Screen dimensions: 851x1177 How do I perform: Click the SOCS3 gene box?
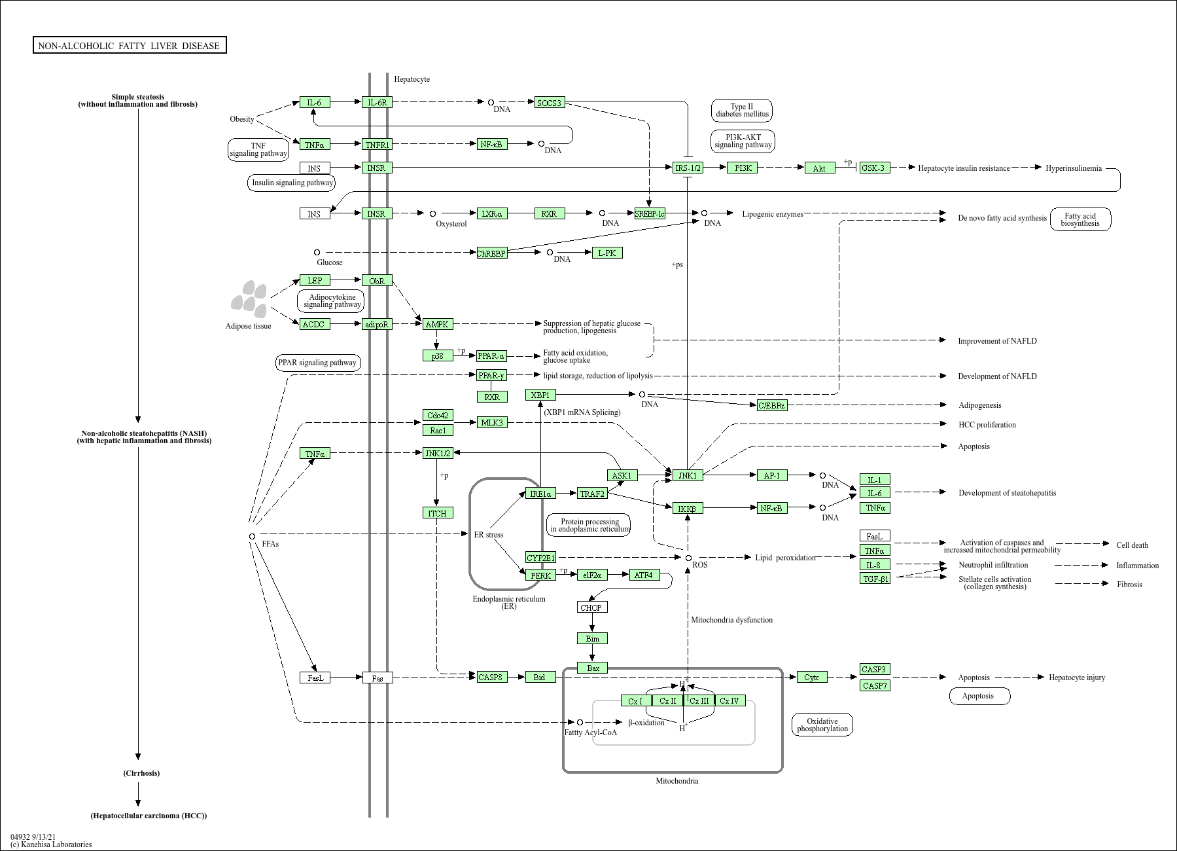pos(549,103)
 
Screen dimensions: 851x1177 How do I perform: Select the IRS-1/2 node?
pos(688,168)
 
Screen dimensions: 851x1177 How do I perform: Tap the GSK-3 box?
pos(874,168)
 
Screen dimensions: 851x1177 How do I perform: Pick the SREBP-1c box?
pos(650,213)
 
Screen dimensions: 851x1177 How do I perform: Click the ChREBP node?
pos(492,253)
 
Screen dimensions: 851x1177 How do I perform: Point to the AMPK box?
pos(437,324)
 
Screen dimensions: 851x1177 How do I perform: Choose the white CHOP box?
pos(592,607)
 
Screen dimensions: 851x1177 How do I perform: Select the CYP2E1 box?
pos(541,558)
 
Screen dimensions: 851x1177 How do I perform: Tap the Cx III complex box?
pos(699,701)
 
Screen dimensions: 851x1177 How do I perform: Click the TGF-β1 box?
pos(875,579)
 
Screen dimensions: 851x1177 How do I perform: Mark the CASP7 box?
pos(875,686)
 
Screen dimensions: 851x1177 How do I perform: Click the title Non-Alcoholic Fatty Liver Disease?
pos(130,45)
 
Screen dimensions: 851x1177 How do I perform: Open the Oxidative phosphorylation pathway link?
pos(822,725)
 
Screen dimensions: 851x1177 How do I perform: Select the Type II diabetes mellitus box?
pos(742,111)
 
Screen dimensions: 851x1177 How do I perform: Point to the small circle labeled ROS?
pos(688,558)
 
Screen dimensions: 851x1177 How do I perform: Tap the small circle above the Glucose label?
pos(317,252)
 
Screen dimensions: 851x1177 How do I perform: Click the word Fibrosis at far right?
pos(1129,585)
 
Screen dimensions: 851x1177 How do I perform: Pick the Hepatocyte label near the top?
pos(412,79)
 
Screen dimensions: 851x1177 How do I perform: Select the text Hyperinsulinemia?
pos(1074,168)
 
